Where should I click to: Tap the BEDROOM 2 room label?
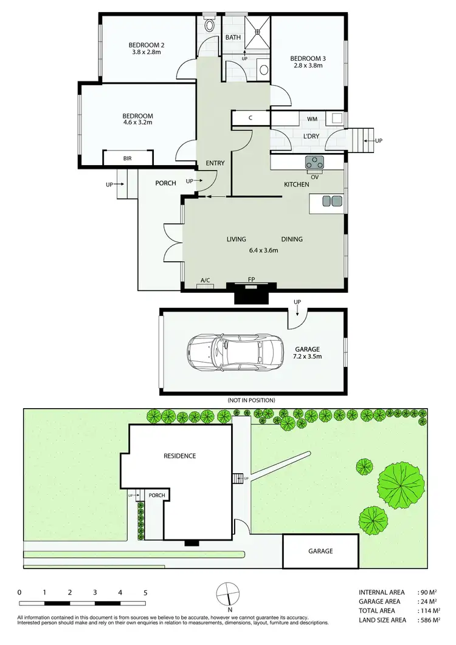point(147,49)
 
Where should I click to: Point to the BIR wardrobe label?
point(127,158)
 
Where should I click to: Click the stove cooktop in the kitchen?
point(315,162)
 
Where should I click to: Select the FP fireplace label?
point(250,280)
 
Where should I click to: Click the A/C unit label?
point(205,280)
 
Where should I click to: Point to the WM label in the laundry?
point(312,118)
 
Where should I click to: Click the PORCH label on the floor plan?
point(165,183)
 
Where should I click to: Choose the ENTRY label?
point(215,163)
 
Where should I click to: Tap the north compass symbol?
point(227,593)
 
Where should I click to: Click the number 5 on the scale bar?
point(145,592)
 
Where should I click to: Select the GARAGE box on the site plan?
point(320,551)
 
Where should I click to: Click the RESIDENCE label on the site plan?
point(179,456)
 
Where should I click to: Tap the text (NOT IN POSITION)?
point(251,400)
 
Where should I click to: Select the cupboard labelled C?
point(250,118)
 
